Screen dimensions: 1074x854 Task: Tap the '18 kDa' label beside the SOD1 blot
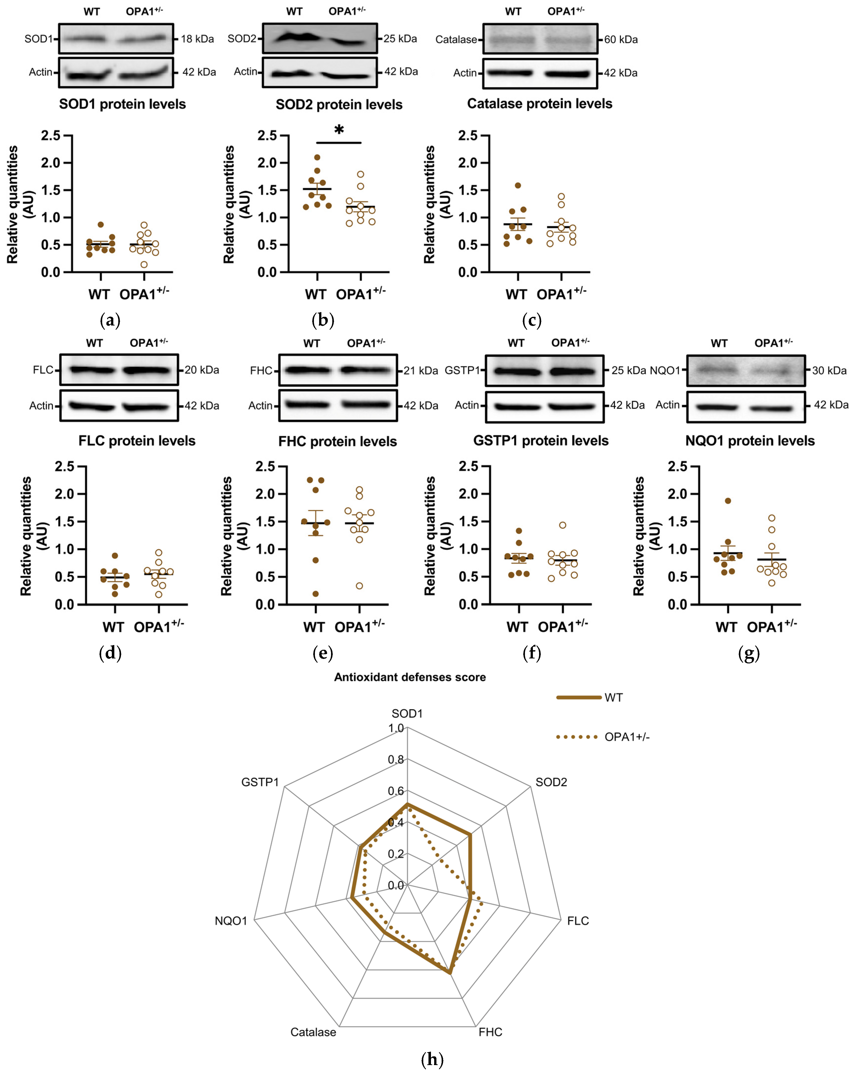coord(197,39)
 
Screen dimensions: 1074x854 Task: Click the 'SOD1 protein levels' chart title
coord(122,104)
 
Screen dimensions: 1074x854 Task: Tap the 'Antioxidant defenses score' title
coord(410,677)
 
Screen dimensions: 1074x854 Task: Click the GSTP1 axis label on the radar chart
coord(260,782)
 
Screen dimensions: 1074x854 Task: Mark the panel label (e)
coord(323,653)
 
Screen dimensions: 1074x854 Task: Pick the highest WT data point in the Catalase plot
coord(518,185)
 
